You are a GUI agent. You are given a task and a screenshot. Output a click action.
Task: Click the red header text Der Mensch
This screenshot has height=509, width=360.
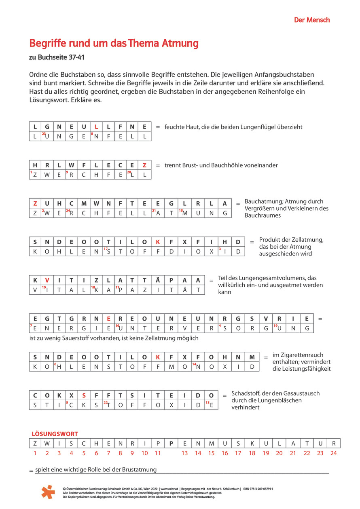pyautogui.click(x=312, y=20)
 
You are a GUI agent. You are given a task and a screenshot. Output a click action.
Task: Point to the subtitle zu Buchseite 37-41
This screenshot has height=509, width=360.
pyautogui.click(x=57, y=57)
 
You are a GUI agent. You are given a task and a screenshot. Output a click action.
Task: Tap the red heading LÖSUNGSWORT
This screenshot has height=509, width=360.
pyautogui.click(x=55, y=434)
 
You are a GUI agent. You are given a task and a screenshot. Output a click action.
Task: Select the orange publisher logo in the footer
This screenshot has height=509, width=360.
pyautogui.click(x=48, y=492)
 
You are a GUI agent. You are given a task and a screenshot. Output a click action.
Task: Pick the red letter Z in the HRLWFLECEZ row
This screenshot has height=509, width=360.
pyautogui.click(x=144, y=165)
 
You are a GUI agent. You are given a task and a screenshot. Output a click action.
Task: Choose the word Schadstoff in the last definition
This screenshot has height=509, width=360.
pyautogui.click(x=246, y=393)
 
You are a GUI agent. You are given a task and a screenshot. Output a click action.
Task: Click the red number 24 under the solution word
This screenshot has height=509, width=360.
pyautogui.click(x=333, y=453)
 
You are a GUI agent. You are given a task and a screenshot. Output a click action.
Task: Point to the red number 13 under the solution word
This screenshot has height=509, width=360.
pyautogui.click(x=184, y=453)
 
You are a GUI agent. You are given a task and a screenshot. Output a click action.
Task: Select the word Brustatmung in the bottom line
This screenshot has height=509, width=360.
pyautogui.click(x=139, y=470)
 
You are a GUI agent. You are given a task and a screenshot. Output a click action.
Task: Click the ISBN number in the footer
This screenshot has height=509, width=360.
pyautogui.click(x=257, y=489)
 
